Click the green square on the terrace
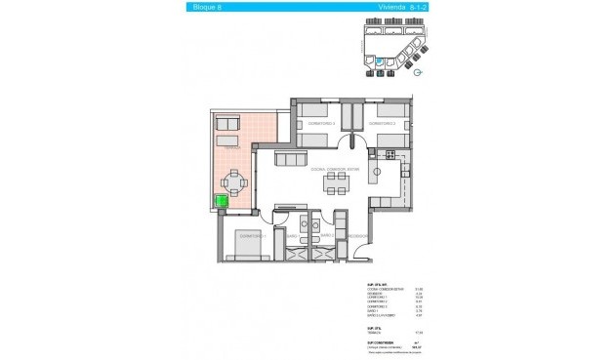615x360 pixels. tap(223, 202)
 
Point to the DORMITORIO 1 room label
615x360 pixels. tap(252, 236)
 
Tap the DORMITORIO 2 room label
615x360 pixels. tap(321, 124)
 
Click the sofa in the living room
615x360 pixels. tap(291, 159)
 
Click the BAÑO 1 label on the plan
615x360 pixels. tap(327, 236)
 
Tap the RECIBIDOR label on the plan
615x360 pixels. tap(356, 236)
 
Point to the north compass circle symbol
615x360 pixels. tap(418, 72)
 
